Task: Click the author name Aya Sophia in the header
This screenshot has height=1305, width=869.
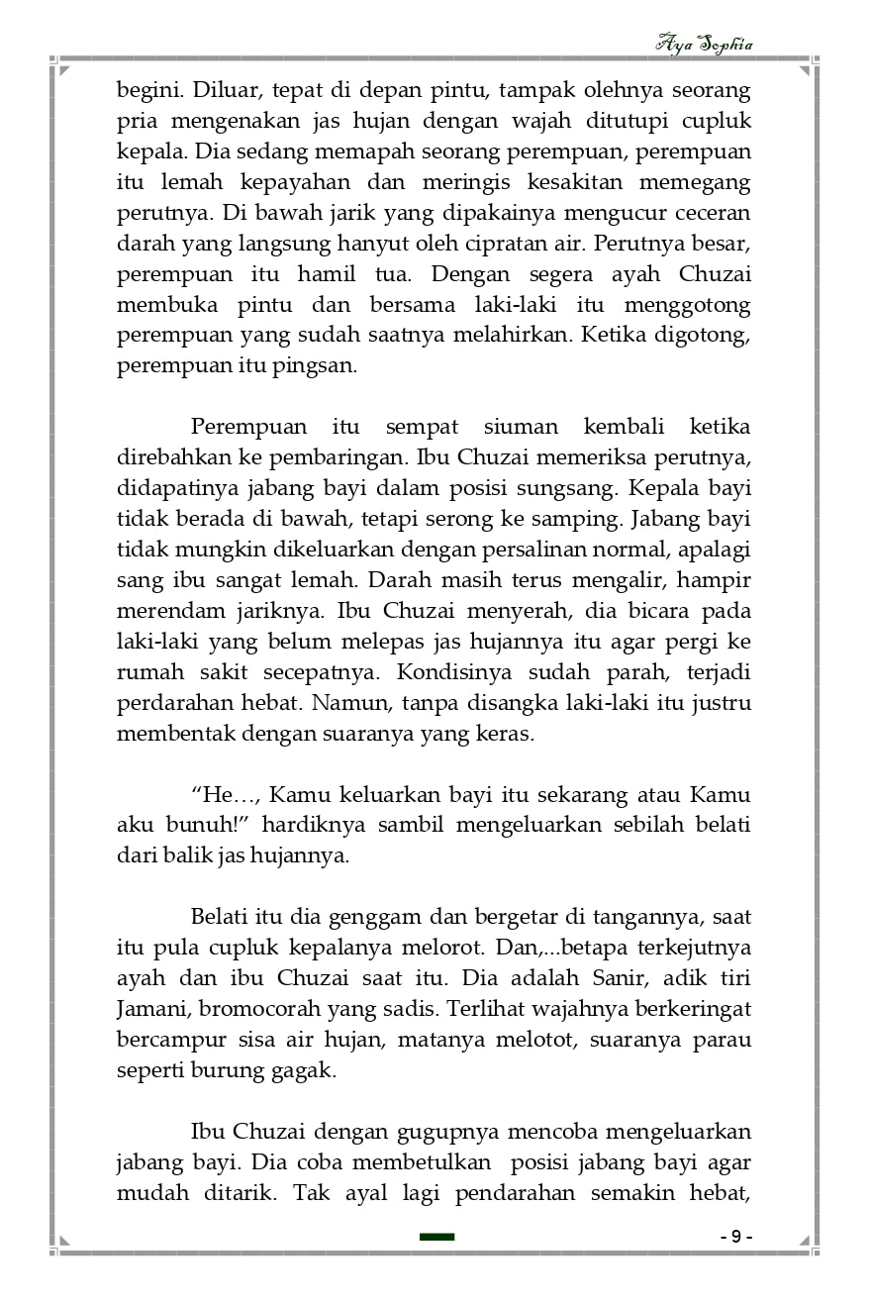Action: coord(705,45)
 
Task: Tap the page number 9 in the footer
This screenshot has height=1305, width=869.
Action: coord(735,1237)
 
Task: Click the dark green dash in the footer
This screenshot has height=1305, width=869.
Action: coord(436,1237)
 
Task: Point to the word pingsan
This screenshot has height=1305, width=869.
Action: coord(321,366)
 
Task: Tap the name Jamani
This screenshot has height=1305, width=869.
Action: coord(151,1010)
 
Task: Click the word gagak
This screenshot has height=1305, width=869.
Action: coord(306,1071)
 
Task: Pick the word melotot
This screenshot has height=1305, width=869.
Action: coord(534,1041)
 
